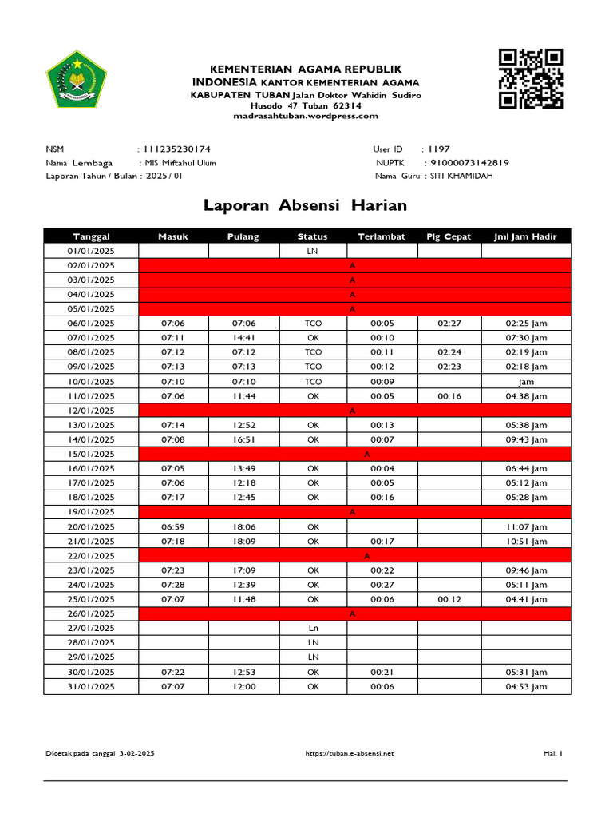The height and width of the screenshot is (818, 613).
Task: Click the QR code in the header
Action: click(x=531, y=78)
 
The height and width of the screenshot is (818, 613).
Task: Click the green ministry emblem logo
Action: click(x=76, y=81)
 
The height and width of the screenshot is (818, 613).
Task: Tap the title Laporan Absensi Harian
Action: click(x=305, y=205)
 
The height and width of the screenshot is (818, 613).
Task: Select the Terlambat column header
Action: click(x=382, y=236)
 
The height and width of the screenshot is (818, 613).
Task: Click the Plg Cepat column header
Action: click(x=449, y=236)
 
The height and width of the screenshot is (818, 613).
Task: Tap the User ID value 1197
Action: click(x=439, y=149)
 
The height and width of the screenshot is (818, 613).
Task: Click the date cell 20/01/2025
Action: click(x=91, y=526)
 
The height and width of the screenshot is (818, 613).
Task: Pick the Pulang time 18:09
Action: click(x=243, y=542)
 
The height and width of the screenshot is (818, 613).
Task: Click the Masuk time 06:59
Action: click(x=172, y=526)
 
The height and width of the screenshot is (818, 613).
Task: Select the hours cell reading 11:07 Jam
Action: click(x=526, y=526)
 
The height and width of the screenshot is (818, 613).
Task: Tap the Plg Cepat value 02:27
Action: click(x=449, y=324)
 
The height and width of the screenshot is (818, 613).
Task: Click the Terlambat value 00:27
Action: click(x=382, y=585)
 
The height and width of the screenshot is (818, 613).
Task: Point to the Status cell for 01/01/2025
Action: click(x=313, y=251)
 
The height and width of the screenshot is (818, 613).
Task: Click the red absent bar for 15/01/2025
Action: click(x=355, y=454)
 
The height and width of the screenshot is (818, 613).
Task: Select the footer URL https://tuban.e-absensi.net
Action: click(x=350, y=753)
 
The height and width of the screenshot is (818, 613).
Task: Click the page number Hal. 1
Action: click(x=553, y=753)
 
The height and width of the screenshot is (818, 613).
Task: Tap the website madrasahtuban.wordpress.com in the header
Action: click(x=306, y=116)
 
